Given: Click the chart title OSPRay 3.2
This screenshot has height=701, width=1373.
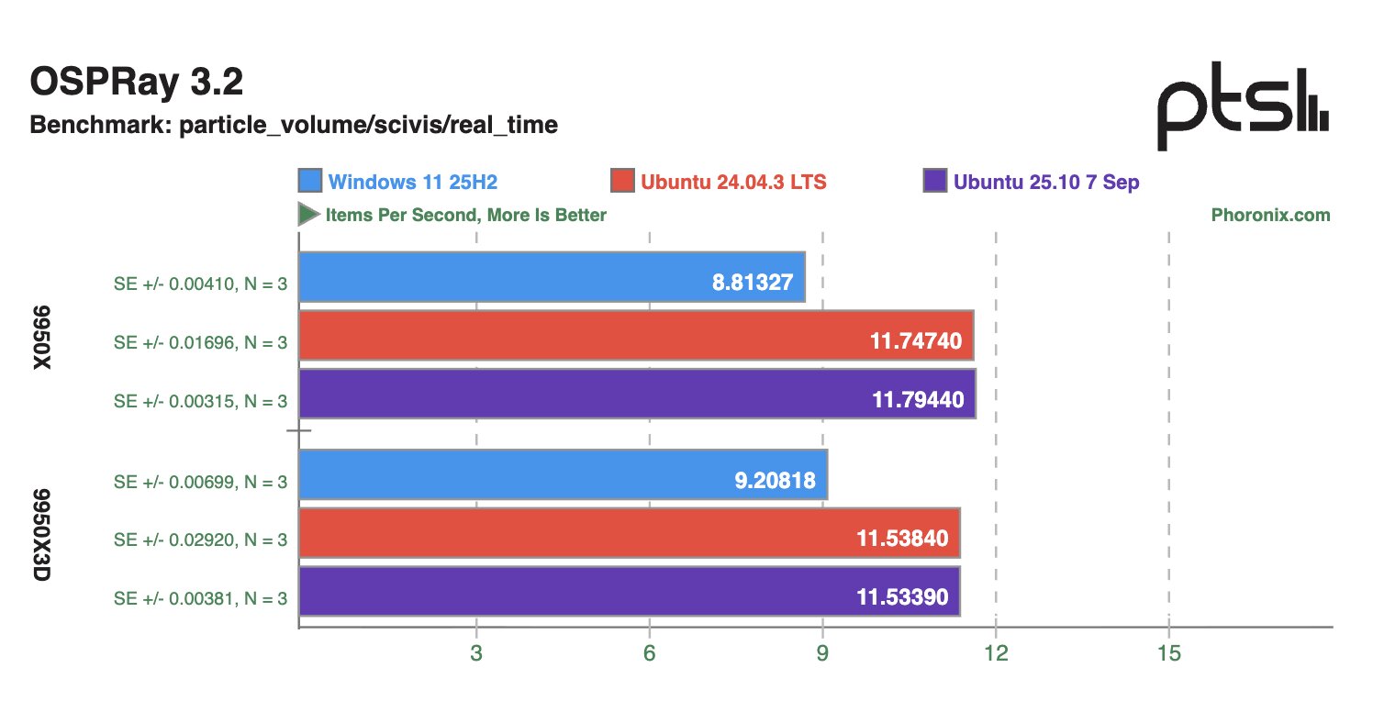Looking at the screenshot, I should (137, 83).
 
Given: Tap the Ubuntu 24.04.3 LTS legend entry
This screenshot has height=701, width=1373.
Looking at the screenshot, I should (720, 182).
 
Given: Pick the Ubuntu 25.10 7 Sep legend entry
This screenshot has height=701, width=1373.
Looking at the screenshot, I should (1033, 182).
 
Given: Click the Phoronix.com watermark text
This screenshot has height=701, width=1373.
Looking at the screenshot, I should (1270, 216).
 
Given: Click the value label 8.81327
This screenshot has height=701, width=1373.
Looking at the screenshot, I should (752, 283).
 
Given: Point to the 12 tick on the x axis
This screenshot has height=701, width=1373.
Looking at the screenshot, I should (996, 654).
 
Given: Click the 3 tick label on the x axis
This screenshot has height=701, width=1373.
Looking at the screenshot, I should (476, 654).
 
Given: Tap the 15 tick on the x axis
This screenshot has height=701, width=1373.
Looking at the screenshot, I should (1168, 654).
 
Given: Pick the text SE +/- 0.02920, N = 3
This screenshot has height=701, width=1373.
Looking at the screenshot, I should (200, 540).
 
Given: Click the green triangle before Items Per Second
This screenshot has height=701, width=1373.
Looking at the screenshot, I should (307, 216).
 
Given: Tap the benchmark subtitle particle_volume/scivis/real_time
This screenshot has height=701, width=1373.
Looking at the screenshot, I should (294, 125).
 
